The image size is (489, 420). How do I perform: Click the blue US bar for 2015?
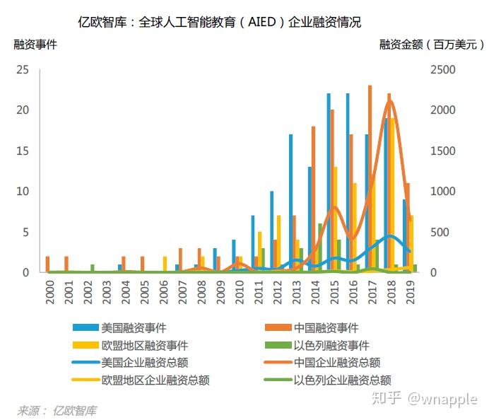(329, 182)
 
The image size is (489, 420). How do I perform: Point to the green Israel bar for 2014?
(320, 247)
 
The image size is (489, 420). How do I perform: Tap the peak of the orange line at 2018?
(389, 101)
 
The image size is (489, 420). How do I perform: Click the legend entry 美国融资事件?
(134, 327)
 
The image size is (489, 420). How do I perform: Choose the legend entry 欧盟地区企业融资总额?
(155, 380)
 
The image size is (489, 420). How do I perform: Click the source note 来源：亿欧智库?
(57, 410)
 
